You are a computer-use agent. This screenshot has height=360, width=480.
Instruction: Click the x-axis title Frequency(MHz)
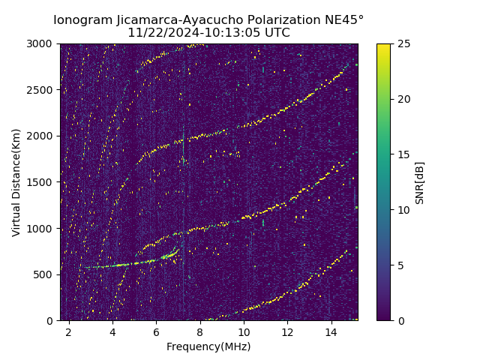pyautogui.click(x=208, y=346)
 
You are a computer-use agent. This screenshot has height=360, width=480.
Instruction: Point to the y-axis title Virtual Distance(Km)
pyautogui.click(x=16, y=182)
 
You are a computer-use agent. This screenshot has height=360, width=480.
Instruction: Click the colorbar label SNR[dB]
pyautogui.click(x=420, y=182)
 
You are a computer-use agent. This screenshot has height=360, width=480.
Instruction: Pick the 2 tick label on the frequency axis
pyautogui.click(x=69, y=331)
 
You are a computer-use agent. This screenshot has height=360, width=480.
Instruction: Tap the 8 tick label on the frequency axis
pyautogui.click(x=200, y=331)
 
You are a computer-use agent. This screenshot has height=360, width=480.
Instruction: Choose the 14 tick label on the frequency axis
pyautogui.click(x=331, y=331)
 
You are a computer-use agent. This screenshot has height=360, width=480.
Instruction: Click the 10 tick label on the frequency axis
pyautogui.click(x=244, y=331)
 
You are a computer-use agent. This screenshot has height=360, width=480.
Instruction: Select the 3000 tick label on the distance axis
pyautogui.click(x=42, y=44)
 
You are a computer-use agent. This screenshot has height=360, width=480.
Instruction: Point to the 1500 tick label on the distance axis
pyautogui.click(x=42, y=182)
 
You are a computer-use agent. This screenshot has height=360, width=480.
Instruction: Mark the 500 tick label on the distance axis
pyautogui.click(x=44, y=274)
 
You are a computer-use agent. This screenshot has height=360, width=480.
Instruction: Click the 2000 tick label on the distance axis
pyautogui.click(x=42, y=136)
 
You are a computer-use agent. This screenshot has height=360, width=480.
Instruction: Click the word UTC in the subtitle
pyautogui.click(x=277, y=33)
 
